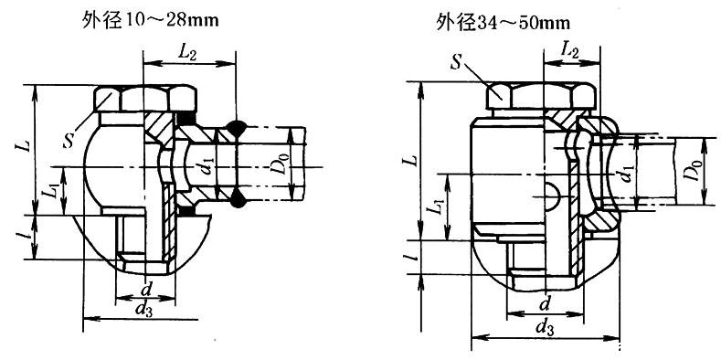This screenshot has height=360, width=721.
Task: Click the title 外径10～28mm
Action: click(151, 21)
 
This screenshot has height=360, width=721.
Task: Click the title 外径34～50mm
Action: click(503, 22)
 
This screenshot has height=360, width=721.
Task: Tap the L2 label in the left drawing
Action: click(187, 54)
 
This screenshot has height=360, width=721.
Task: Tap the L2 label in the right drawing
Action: click(569, 49)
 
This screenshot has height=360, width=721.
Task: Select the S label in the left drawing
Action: click(69, 141)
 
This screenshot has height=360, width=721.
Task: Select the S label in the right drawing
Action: click(456, 62)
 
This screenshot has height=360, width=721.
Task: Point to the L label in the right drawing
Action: click(412, 160)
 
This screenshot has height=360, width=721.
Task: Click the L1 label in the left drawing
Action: click(49, 192)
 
